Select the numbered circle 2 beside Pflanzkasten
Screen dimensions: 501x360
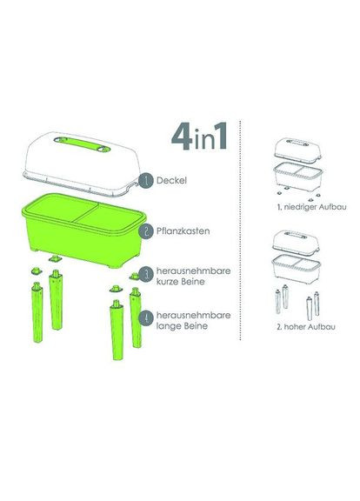(148, 232)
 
